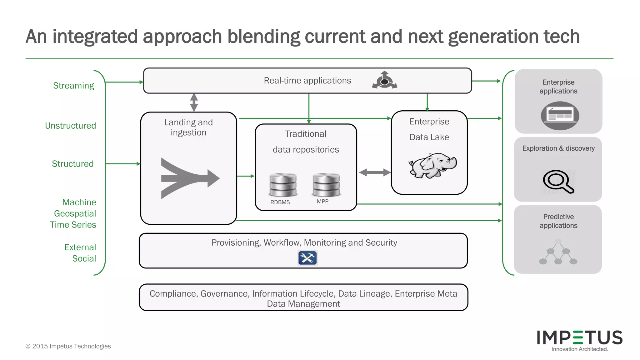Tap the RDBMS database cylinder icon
pos(283,185)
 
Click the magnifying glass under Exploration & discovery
pos(558,182)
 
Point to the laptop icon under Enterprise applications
pos(560,116)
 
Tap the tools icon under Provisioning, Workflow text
pos(307,258)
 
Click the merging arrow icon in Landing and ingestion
pos(189,178)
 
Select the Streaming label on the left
pos(73,86)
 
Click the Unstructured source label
pos(70,126)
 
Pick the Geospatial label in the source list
pos(75,213)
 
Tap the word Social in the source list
pos(84,258)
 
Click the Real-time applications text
pos(307,81)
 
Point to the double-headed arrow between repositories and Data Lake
pos(374,172)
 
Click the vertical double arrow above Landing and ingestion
pos(194,102)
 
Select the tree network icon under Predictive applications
pos(558,252)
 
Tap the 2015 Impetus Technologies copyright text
pos(68,346)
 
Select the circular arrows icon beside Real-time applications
pos(384,81)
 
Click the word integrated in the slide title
pos(95,37)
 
